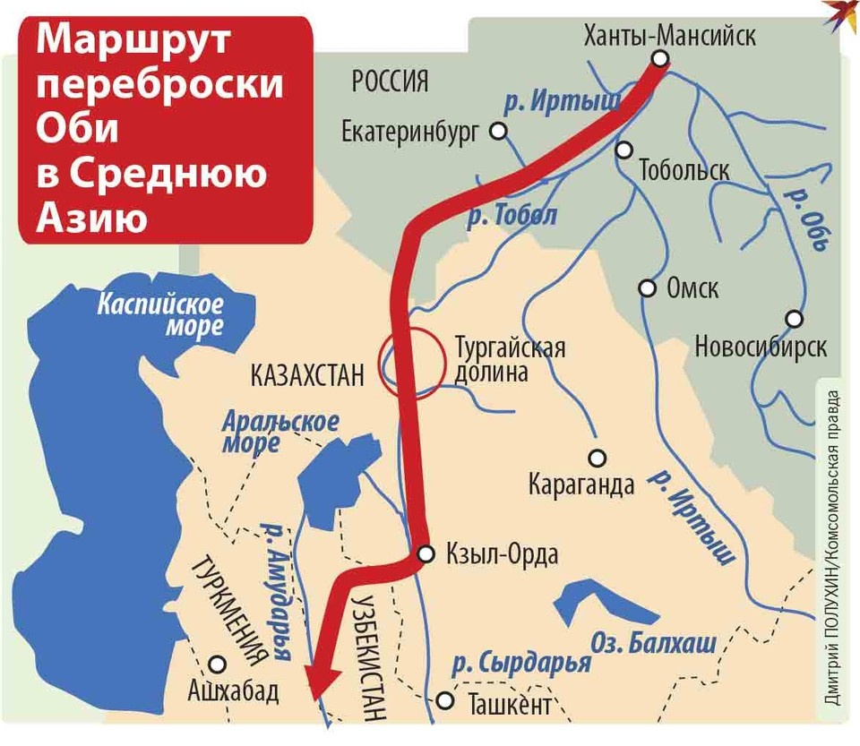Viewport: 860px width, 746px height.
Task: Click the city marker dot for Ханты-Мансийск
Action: tap(660, 59)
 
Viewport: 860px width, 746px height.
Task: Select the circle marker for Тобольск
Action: tap(624, 150)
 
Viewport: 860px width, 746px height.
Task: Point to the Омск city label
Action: tap(692, 289)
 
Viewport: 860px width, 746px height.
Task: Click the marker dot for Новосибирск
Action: tap(793, 319)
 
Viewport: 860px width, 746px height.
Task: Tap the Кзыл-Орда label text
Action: tap(502, 554)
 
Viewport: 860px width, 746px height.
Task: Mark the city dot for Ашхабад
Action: tap(217, 664)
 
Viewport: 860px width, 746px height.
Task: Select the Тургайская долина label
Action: tap(510, 359)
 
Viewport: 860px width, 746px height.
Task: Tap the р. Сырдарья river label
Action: tap(521, 664)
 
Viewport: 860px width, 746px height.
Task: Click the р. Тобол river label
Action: tap(512, 215)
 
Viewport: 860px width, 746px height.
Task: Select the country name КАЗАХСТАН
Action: tap(309, 375)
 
